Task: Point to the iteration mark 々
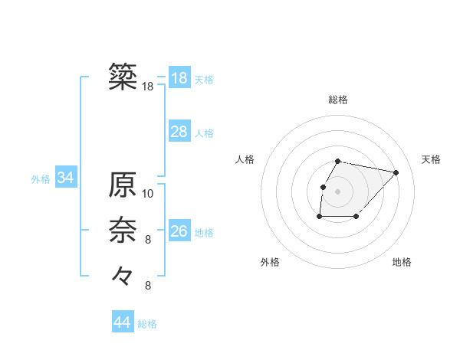point(123,274)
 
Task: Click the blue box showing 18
point(179,78)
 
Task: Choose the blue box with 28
point(179,132)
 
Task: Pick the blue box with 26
point(179,231)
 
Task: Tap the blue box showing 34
point(66,178)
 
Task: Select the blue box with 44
point(122,322)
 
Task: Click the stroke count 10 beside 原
point(148,193)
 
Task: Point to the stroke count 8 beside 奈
point(148,240)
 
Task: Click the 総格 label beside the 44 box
point(147,324)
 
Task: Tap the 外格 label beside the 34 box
point(41,179)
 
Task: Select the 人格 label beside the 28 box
point(204,133)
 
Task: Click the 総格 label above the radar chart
point(338,100)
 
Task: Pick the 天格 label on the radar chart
point(432,159)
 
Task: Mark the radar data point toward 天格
point(396,172)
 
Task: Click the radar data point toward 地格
point(356,217)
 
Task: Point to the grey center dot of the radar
point(338,191)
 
